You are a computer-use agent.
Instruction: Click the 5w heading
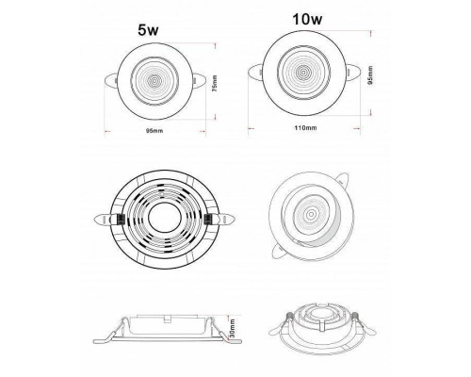[x=148, y=30]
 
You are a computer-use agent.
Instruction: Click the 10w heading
[x=307, y=19]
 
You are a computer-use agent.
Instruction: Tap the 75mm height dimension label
[x=215, y=83]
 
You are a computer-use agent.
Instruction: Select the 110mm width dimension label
[x=305, y=128]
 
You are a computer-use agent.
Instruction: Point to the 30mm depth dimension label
[x=233, y=328]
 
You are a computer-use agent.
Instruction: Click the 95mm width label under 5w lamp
[x=154, y=131]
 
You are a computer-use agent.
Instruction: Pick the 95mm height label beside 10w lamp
[x=370, y=74]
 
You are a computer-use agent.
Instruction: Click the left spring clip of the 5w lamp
[x=111, y=81]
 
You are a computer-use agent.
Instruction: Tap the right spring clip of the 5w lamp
[x=199, y=79]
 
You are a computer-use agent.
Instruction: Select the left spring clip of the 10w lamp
[x=255, y=72]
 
